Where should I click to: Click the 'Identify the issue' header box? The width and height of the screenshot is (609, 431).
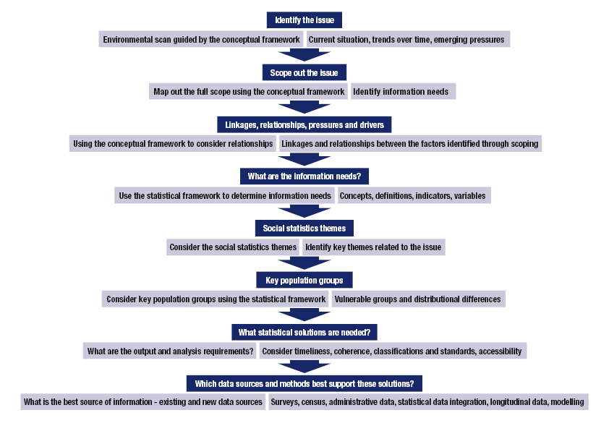[304, 20]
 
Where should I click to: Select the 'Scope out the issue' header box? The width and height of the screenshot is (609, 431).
[304, 72]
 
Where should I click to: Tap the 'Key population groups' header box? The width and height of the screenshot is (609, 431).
[304, 280]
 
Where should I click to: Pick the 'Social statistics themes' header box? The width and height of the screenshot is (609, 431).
[304, 228]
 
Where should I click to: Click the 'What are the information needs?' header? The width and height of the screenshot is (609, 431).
[304, 176]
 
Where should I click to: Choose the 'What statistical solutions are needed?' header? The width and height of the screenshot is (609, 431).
[304, 332]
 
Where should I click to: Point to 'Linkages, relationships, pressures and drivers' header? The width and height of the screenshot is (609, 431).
[304, 124]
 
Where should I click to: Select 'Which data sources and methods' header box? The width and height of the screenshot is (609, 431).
[304, 383]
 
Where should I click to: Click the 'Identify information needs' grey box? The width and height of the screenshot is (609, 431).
[403, 92]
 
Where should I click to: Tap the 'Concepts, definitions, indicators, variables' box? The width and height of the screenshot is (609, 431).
[413, 195]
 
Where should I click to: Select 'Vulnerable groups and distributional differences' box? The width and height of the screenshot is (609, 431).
[417, 299]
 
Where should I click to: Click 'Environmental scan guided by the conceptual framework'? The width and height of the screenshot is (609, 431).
[201, 40]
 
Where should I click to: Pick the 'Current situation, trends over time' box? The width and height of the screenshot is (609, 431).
[408, 40]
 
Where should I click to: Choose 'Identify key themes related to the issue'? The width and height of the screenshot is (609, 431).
[372, 247]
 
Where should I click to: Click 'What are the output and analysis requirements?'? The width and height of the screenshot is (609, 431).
[170, 351]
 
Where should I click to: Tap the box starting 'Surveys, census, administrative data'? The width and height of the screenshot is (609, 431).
[427, 402]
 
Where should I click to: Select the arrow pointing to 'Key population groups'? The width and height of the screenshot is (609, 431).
[304, 263]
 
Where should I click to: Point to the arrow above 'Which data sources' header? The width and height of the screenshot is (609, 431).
[304, 367]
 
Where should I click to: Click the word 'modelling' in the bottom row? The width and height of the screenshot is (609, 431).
[567, 402]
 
